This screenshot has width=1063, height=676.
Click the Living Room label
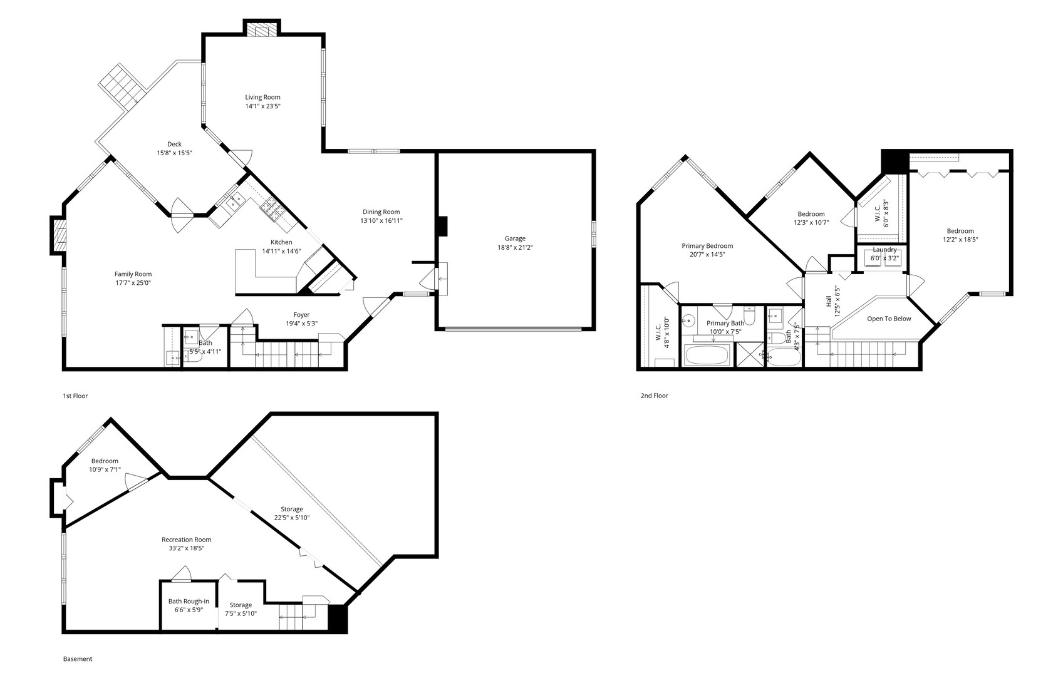click(x=262, y=97)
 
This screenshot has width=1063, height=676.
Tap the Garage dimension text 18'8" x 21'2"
click(x=515, y=247)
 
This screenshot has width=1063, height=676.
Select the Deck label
click(x=174, y=144)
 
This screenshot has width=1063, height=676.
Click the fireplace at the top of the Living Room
click(x=262, y=28)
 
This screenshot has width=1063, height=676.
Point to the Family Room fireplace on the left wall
click(x=59, y=236)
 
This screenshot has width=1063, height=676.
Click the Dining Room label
click(x=381, y=212)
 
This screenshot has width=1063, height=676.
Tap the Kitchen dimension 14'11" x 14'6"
click(x=281, y=251)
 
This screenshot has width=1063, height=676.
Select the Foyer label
click(x=301, y=315)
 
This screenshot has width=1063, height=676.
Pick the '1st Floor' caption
click(x=75, y=396)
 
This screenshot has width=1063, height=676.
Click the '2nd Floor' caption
click(x=655, y=396)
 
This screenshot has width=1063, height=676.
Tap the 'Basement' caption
click(x=78, y=659)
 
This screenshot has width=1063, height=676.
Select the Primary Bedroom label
click(x=707, y=246)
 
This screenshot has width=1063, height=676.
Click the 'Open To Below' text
click(x=889, y=319)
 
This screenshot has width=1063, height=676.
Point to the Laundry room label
click(x=884, y=250)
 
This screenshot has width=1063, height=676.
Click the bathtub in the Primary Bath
click(x=707, y=356)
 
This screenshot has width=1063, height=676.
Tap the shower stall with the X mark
click(x=749, y=355)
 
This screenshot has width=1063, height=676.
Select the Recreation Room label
click(x=187, y=540)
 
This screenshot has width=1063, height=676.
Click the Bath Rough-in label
click(x=189, y=602)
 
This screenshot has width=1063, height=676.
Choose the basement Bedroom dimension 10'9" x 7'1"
click(x=105, y=470)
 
